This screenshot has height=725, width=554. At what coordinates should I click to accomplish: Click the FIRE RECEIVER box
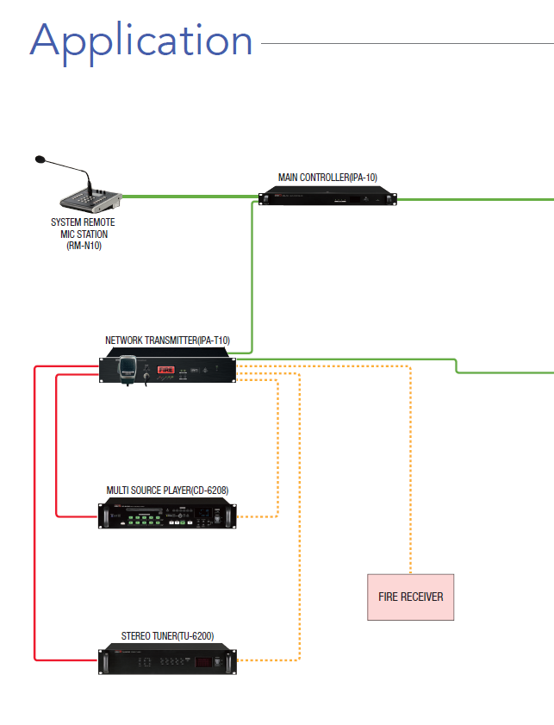point(410,597)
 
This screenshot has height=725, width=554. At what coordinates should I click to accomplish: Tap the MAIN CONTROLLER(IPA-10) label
point(327,178)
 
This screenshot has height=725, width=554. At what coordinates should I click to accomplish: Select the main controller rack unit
point(328,199)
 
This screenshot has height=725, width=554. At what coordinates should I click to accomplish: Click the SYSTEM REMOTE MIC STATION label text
point(83,234)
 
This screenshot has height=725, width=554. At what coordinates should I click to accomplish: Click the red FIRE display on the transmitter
point(165,370)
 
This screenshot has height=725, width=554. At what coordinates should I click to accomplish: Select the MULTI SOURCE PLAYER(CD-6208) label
point(167,491)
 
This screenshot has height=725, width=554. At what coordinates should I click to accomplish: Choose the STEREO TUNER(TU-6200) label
point(167,636)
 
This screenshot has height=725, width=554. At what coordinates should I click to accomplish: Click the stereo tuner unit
point(167,660)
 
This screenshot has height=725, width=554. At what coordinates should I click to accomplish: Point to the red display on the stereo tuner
point(204,661)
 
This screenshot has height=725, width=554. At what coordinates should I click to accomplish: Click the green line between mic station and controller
point(190,197)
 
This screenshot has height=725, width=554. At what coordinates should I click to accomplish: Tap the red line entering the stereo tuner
point(69,660)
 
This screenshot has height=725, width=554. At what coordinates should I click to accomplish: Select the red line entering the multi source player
point(78,516)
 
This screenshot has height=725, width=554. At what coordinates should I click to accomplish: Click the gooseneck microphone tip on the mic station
point(39,159)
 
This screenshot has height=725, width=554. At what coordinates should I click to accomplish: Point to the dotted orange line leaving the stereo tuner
point(267,660)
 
